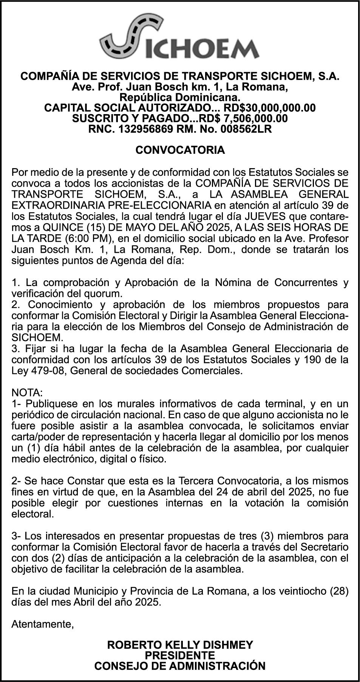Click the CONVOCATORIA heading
coord(180,150)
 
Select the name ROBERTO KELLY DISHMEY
coord(180,645)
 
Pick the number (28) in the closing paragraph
coord(339,591)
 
